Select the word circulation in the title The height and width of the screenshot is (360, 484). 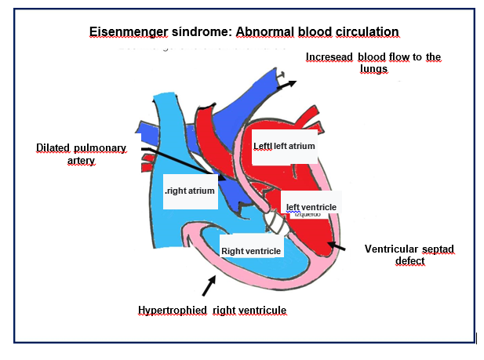pos(365,32)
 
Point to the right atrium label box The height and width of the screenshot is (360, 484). pos(190,191)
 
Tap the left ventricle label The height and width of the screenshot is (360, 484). pos(311,206)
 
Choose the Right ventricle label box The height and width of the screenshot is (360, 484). pos(250,251)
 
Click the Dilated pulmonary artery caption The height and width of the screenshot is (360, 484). pos(76,154)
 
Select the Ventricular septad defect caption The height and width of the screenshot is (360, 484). pos(409,255)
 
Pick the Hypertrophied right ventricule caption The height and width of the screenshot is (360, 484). pos(212,311)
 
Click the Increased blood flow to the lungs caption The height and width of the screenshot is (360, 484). pos(374,63)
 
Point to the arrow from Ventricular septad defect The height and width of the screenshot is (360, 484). pos(336,249)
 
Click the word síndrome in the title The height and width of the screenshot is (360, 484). pos(196,32)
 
